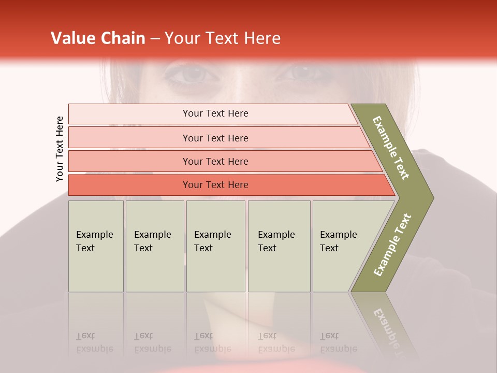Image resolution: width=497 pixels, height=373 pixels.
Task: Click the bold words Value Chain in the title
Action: pyautogui.click(x=98, y=38)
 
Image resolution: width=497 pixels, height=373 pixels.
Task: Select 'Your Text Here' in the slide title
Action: pyautogui.click(x=223, y=38)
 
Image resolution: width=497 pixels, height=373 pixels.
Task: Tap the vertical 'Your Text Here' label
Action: pyautogui.click(x=60, y=149)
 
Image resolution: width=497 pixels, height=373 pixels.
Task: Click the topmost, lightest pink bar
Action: pyautogui.click(x=215, y=113)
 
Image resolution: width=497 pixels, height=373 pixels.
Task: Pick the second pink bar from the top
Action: pyautogui.click(x=215, y=138)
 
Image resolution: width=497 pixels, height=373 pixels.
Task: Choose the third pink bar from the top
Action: pyautogui.click(x=215, y=161)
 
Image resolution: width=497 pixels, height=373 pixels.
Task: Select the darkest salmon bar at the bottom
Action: pyautogui.click(x=215, y=185)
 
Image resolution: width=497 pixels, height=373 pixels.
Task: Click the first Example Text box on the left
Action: pyautogui.click(x=96, y=246)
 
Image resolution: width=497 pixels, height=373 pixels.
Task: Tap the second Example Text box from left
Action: pyautogui.click(x=155, y=246)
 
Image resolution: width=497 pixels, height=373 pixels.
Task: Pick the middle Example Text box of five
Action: pyautogui.click(x=215, y=246)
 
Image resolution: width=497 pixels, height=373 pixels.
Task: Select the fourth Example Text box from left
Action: pyautogui.click(x=279, y=246)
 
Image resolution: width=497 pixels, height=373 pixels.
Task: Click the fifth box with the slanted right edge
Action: pyautogui.click(x=342, y=246)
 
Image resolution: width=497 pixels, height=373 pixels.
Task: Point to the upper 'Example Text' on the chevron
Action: pyautogui.click(x=391, y=148)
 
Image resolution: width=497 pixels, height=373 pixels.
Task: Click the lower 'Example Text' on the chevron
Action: pyautogui.click(x=392, y=245)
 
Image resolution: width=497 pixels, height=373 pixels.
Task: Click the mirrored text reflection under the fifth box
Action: pyautogui.click(x=338, y=342)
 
